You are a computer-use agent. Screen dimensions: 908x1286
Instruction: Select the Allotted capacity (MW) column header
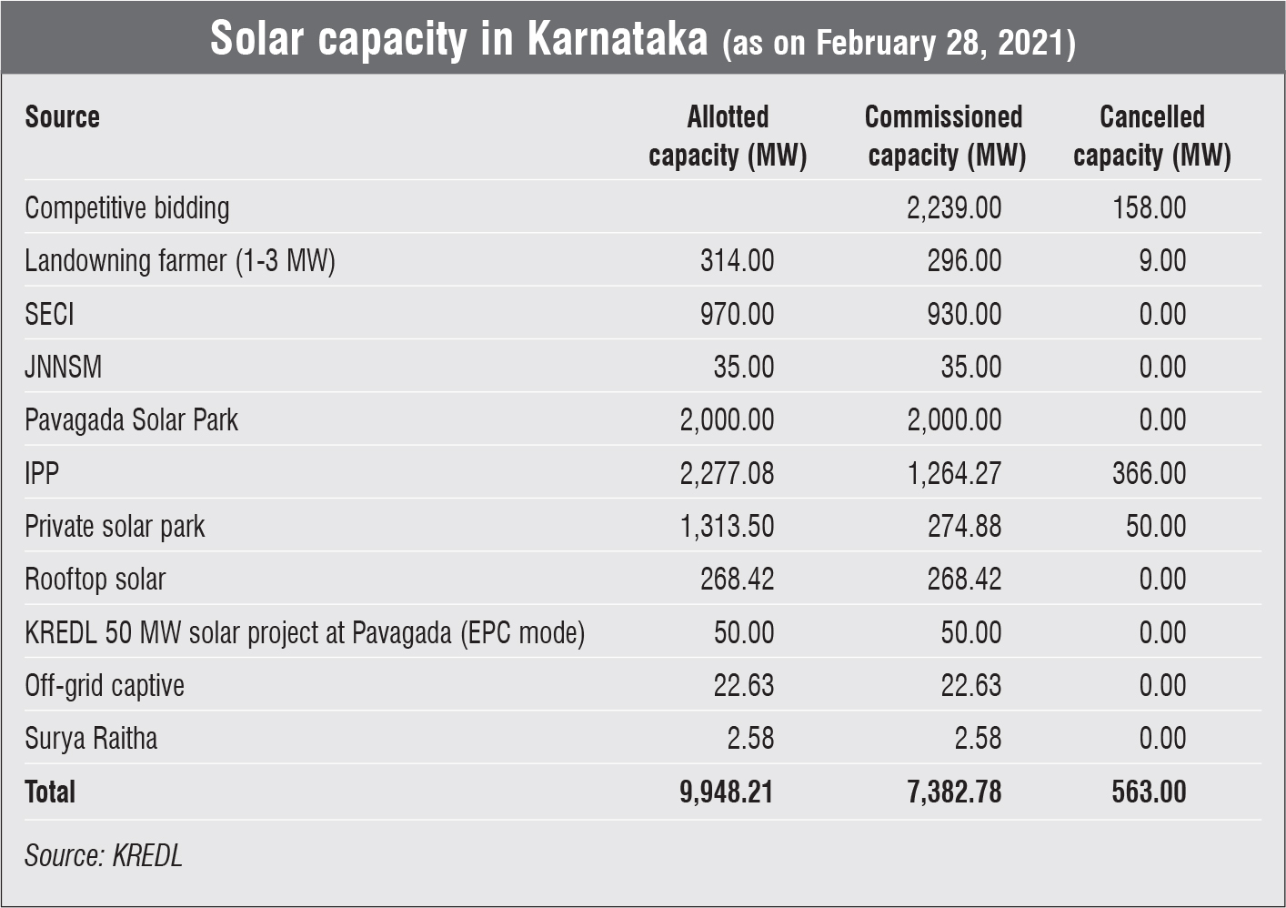728,136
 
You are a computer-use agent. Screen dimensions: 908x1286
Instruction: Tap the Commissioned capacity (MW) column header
945,136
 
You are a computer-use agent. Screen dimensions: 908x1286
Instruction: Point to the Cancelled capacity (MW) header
1151,136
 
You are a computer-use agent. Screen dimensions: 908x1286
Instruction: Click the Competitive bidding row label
127,208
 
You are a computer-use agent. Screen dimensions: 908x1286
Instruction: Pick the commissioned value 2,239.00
954,208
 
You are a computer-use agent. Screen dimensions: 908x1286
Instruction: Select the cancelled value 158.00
1149,208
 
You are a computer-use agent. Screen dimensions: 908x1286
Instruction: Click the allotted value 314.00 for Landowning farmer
737,261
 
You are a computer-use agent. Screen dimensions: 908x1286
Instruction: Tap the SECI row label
49,314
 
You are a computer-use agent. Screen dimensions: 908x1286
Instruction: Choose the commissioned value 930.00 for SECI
964,314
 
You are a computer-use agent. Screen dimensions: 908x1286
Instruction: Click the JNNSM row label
63,367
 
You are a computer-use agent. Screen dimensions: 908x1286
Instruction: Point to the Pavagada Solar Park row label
131,420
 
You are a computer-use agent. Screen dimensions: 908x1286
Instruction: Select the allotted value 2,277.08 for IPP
727,473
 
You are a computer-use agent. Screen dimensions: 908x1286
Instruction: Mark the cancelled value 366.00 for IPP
1149,473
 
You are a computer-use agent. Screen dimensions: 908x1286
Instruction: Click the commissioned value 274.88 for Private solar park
964,526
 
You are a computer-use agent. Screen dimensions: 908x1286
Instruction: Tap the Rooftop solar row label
95,580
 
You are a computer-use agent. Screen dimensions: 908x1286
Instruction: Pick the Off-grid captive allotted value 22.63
743,685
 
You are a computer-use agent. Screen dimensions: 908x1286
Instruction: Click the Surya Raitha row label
91,738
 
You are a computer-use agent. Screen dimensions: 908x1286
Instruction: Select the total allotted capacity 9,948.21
726,792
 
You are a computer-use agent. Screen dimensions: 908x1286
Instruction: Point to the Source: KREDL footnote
104,855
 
